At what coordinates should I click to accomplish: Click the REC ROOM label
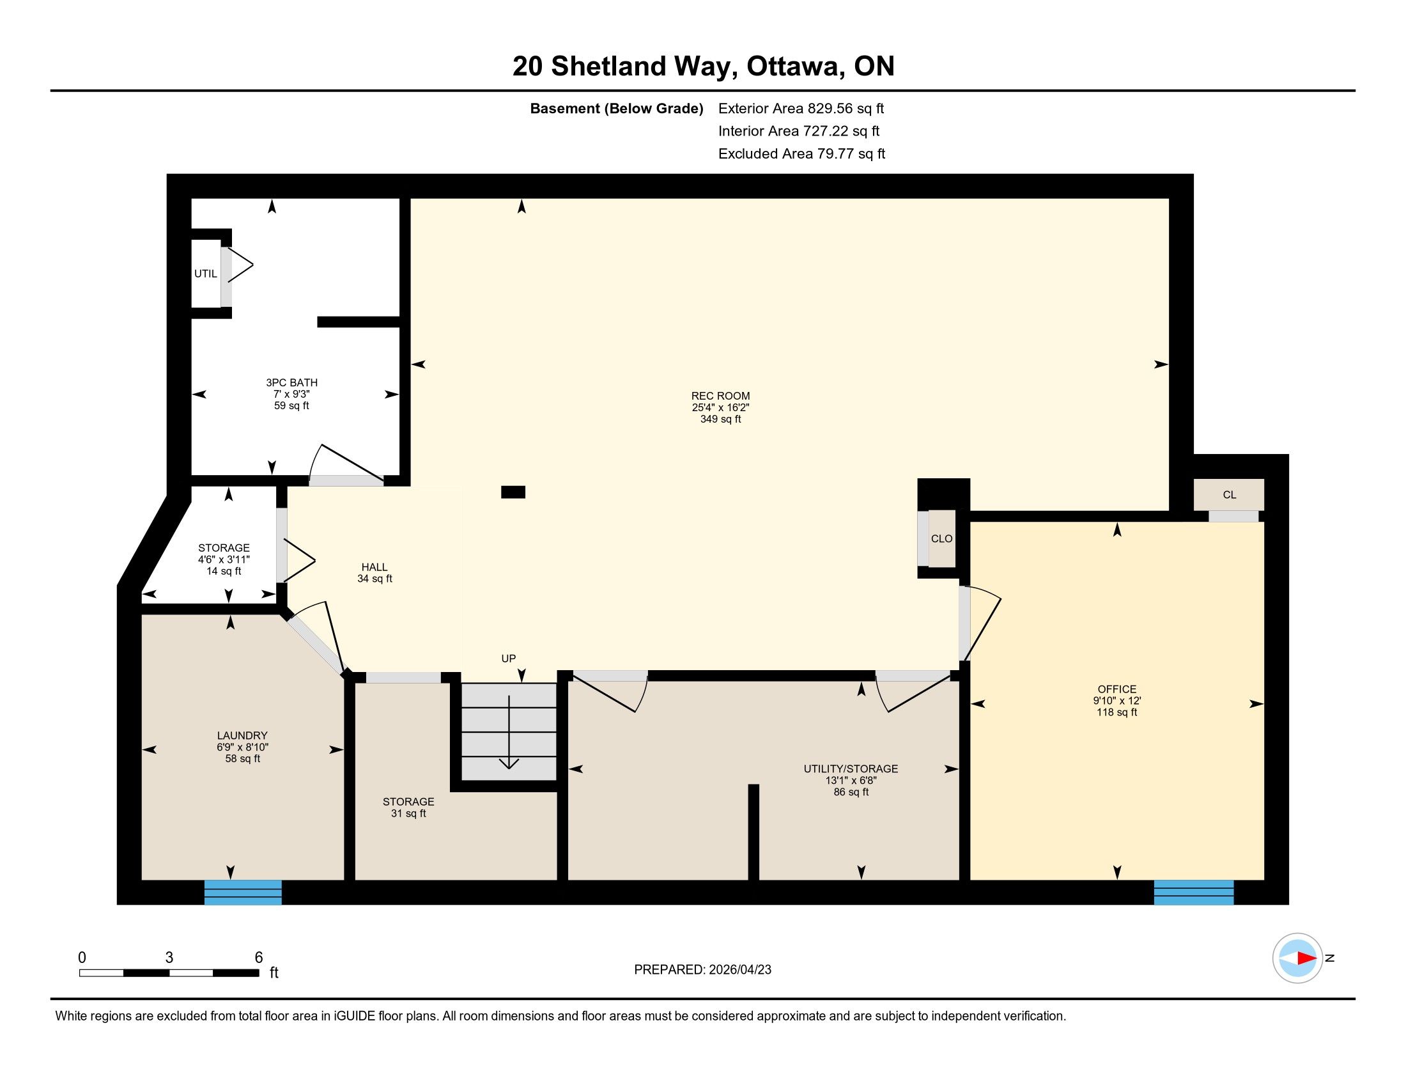tap(720, 396)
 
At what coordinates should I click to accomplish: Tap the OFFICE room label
tap(1117, 689)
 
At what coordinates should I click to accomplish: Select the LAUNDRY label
tap(242, 735)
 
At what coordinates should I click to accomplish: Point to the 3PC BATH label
tap(291, 382)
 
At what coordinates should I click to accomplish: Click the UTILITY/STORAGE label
tap(851, 769)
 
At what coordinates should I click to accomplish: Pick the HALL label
tap(374, 567)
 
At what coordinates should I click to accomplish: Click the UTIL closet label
tap(205, 274)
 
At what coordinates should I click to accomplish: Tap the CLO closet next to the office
tap(941, 539)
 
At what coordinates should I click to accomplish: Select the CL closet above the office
tap(1229, 495)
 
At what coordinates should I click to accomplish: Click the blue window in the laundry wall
tap(243, 892)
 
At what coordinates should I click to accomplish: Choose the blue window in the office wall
tap(1194, 892)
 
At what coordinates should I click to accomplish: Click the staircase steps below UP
tap(509, 731)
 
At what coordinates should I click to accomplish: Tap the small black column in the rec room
tap(513, 492)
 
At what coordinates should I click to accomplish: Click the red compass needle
tap(1307, 958)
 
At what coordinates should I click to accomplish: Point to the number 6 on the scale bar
tap(259, 958)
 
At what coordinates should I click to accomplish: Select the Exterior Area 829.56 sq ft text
tap(801, 108)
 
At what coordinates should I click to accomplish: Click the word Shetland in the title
tap(608, 66)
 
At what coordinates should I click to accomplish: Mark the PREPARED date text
tap(702, 970)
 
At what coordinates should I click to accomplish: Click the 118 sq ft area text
tap(1117, 712)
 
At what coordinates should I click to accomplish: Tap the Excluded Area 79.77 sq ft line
tap(801, 153)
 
